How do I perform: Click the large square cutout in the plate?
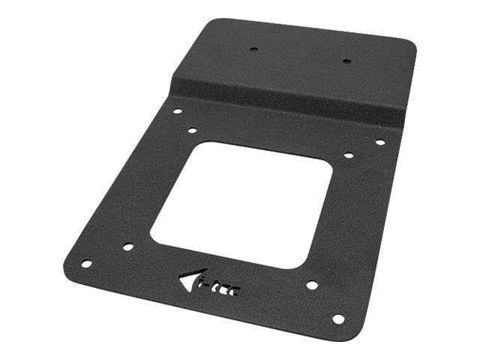[241, 204]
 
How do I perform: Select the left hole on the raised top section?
[253, 50]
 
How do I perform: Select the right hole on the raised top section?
[346, 61]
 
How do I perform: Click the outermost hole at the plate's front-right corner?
[338, 319]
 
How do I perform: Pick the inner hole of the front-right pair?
[311, 286]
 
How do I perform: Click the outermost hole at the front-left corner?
[86, 264]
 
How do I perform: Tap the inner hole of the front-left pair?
[128, 246]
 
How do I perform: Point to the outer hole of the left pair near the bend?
[177, 111]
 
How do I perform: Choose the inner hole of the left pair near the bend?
[192, 130]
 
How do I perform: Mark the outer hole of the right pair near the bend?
[380, 142]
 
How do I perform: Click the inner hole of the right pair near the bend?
[349, 155]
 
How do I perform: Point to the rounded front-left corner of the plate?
[69, 266]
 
